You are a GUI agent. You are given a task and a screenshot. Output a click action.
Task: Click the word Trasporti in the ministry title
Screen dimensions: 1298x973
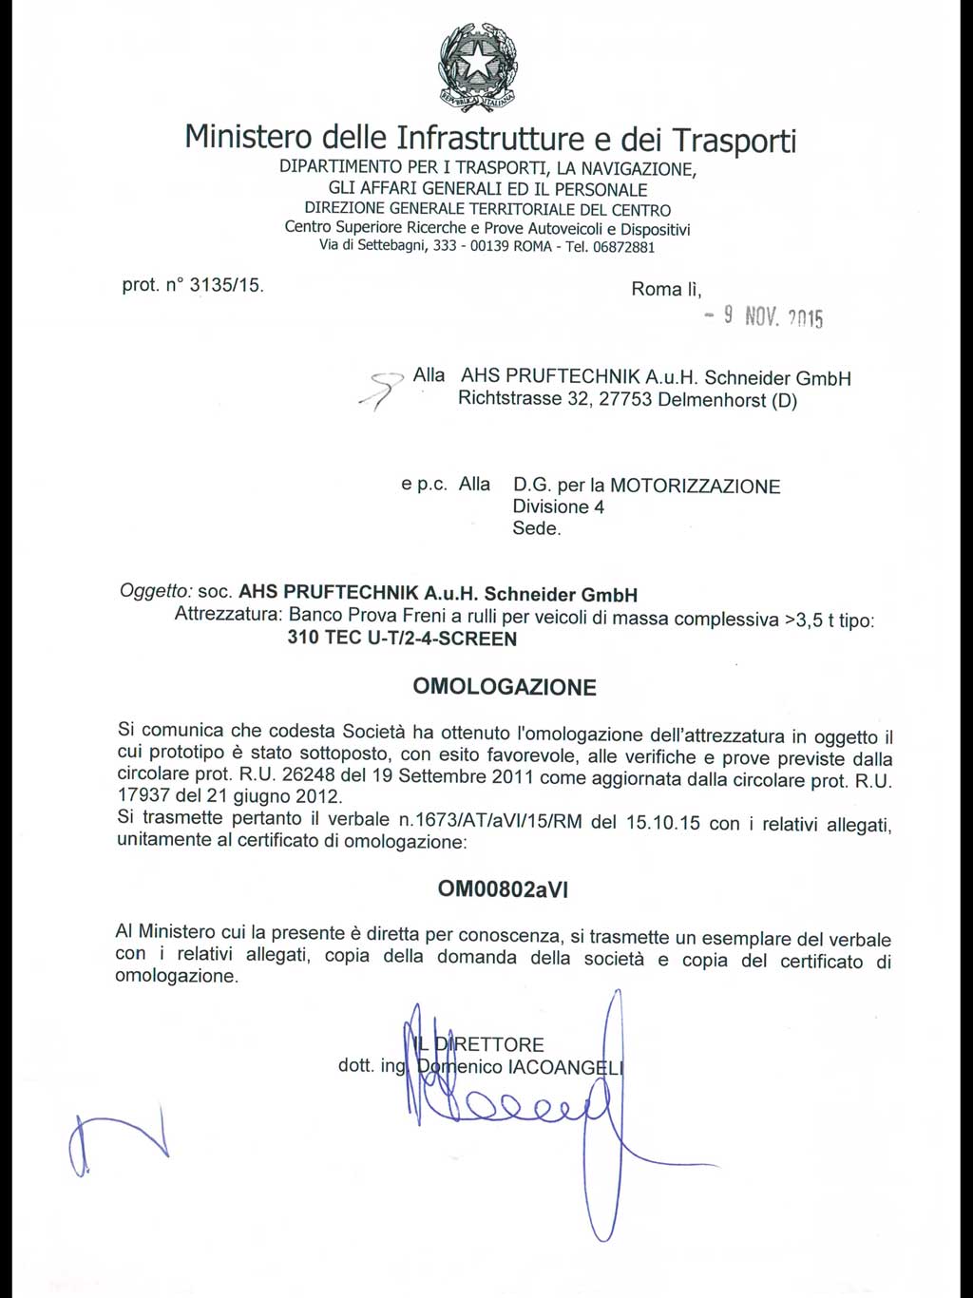coord(734,140)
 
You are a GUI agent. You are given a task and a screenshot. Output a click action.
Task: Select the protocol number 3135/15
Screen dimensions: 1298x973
coord(226,284)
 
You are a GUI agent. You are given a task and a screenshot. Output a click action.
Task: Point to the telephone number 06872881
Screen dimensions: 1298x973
coord(623,247)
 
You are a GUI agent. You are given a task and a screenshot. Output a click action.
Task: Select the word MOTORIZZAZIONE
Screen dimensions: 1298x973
coord(695,486)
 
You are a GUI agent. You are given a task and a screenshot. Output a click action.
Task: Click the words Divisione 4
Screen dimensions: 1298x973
coord(558,506)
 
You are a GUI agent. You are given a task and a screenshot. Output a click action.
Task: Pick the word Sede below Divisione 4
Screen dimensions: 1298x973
coord(536,528)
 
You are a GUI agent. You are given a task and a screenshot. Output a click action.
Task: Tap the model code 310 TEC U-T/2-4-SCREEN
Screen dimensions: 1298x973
coord(402,639)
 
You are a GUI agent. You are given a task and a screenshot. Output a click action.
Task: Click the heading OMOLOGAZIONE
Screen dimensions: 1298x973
coord(505,687)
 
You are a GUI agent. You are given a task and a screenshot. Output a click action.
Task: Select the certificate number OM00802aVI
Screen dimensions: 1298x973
coord(503,889)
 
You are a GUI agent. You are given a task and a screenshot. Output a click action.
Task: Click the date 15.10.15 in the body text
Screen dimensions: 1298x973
coord(662,823)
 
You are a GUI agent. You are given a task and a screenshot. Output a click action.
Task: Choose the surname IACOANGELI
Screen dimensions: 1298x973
coord(565,1067)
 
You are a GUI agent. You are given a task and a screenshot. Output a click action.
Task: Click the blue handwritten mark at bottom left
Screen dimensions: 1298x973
coord(114,1140)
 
